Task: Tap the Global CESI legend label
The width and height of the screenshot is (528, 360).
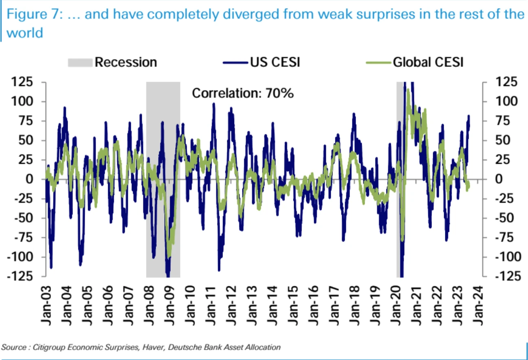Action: [428, 62]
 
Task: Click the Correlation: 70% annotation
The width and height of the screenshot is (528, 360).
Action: [242, 93]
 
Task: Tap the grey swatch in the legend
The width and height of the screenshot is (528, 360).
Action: [79, 62]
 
